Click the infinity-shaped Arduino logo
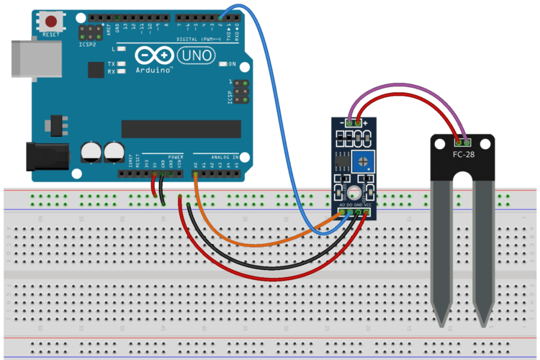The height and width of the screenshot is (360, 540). [153, 55]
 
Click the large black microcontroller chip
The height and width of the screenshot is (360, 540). [181, 128]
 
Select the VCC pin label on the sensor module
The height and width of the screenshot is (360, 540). [368, 205]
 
